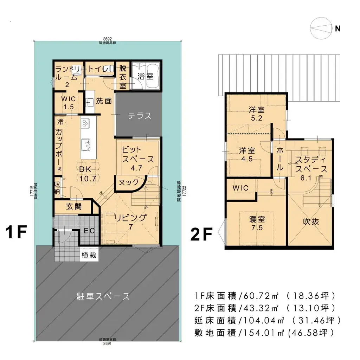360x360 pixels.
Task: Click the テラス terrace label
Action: click(x=140, y=115)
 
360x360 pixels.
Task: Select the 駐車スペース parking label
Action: click(x=103, y=296)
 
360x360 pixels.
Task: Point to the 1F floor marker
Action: click(x=17, y=232)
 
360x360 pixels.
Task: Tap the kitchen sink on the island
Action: click(x=86, y=144)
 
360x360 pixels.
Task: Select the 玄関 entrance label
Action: click(x=73, y=206)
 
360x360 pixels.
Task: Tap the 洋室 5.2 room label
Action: click(x=256, y=113)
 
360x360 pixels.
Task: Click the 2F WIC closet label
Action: click(x=240, y=188)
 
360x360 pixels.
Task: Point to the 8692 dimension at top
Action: click(x=108, y=40)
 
